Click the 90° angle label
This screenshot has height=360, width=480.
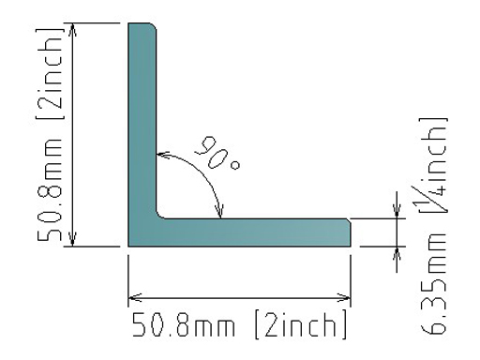pyautogui.click(x=217, y=153)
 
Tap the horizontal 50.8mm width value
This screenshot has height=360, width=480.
pyautogui.click(x=183, y=324)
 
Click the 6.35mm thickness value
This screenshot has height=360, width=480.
pyautogui.click(x=434, y=284)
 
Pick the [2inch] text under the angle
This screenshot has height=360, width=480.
pyautogui.click(x=301, y=324)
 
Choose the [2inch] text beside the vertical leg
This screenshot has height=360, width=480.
pyautogui.click(x=50, y=74)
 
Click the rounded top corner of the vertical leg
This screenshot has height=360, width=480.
pyautogui.click(x=153, y=26)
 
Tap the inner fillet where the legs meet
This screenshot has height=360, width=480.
pyautogui.click(x=159, y=216)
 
